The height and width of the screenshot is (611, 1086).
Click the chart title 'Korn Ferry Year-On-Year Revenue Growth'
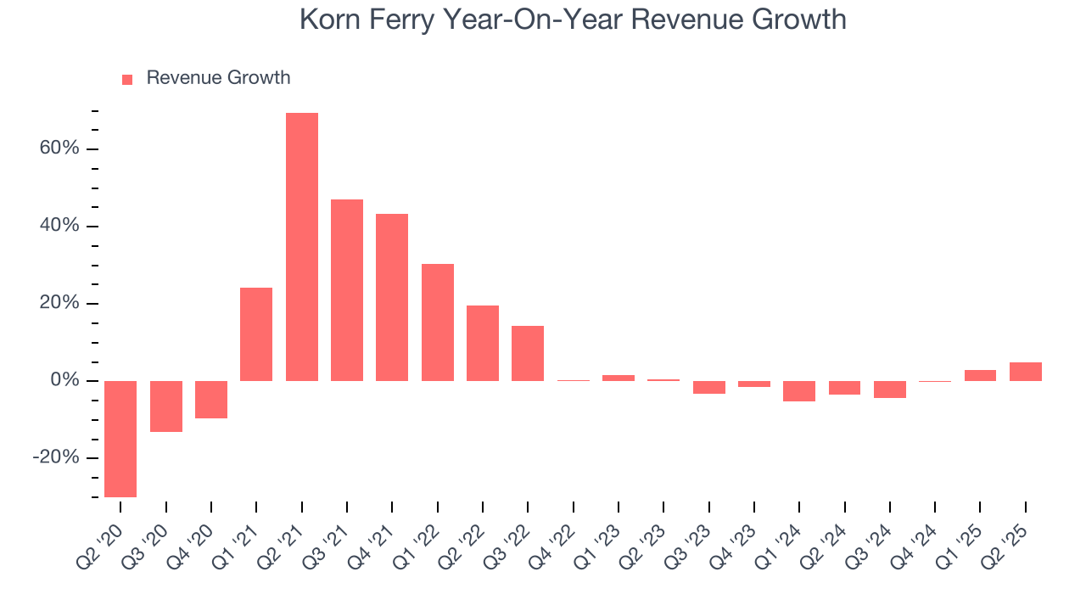pyautogui.click(x=573, y=20)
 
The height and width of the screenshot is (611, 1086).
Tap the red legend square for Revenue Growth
pyautogui.click(x=127, y=79)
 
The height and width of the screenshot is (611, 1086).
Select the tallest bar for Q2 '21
pyautogui.click(x=302, y=246)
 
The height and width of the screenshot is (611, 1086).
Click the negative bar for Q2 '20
pyautogui.click(x=120, y=439)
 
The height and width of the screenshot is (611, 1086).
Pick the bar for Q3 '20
pyautogui.click(x=166, y=406)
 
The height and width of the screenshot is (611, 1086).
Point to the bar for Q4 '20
pyautogui.click(x=211, y=400)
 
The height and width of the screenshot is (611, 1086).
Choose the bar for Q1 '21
pyautogui.click(x=256, y=334)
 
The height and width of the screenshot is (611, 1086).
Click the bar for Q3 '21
pyautogui.click(x=347, y=290)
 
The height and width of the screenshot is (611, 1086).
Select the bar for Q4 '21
pyautogui.click(x=392, y=297)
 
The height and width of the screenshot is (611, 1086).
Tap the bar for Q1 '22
pyautogui.click(x=438, y=322)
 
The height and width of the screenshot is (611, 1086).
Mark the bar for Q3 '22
pyautogui.click(x=528, y=353)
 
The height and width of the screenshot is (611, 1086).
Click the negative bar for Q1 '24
pyautogui.click(x=799, y=391)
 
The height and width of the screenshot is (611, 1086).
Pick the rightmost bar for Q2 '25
pyautogui.click(x=1026, y=372)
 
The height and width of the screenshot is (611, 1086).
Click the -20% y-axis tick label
pyautogui.click(x=56, y=457)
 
